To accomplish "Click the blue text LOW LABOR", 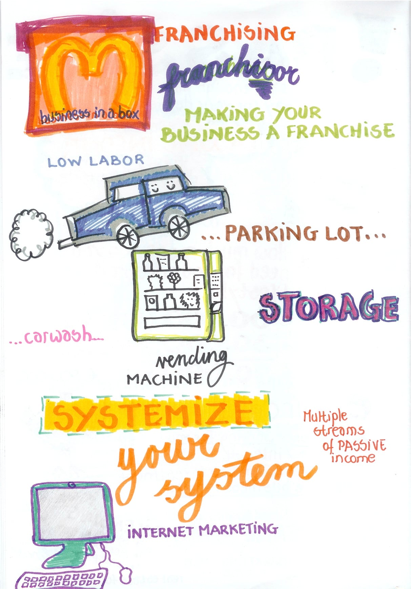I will tap(96, 161).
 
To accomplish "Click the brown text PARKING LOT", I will tap(293, 233).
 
